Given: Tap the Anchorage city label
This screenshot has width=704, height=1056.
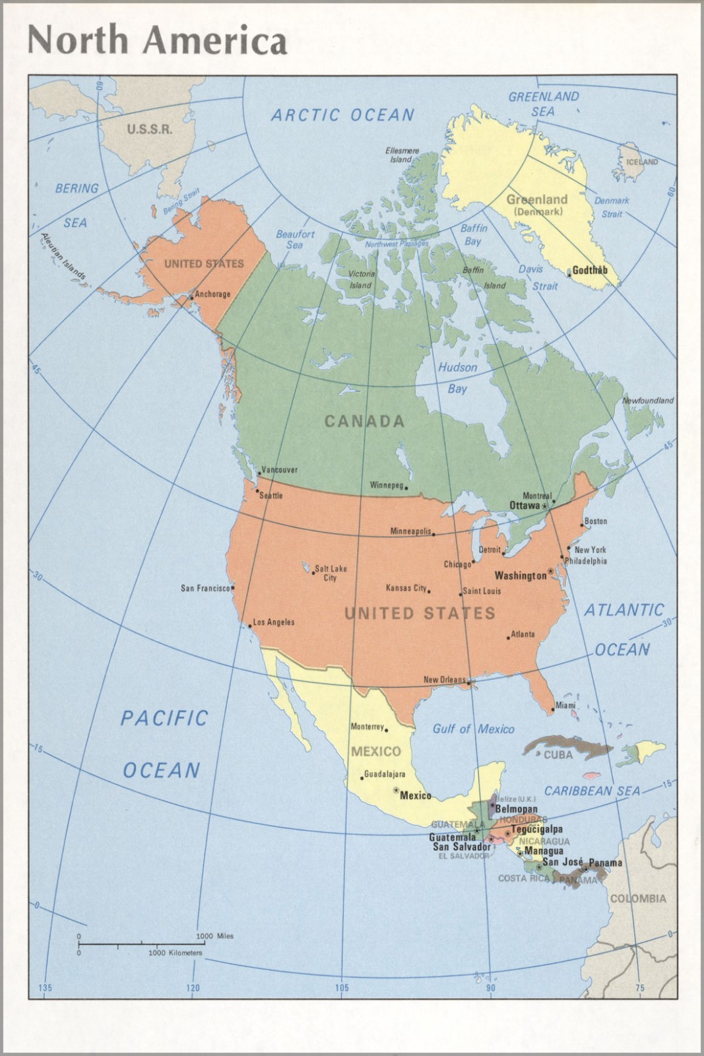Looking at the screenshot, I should [212, 294].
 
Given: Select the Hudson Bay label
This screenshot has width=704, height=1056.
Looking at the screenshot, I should [457, 378].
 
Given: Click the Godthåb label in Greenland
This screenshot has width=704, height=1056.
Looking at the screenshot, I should [590, 270].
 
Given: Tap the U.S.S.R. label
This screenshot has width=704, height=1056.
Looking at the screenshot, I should [150, 129].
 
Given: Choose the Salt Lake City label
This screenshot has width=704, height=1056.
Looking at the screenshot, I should [330, 573].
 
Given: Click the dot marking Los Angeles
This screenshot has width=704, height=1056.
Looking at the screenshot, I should [249, 625].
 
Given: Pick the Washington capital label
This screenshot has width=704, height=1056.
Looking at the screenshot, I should [521, 576].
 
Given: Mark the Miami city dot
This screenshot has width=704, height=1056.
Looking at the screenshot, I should [553, 711].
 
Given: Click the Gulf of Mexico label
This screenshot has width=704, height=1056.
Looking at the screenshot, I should [473, 729].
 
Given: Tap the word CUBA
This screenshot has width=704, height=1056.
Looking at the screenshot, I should [558, 755].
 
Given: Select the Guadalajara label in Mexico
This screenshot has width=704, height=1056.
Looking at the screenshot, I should [385, 775].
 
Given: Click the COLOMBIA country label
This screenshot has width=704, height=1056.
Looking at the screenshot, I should [637, 898].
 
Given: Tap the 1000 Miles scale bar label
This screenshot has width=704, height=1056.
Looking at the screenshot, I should [214, 936].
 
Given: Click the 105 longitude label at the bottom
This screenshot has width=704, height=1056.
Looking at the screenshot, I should [341, 988].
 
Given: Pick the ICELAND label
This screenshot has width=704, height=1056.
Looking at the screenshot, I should [642, 162].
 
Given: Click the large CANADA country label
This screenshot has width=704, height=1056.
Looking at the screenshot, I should [364, 421].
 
